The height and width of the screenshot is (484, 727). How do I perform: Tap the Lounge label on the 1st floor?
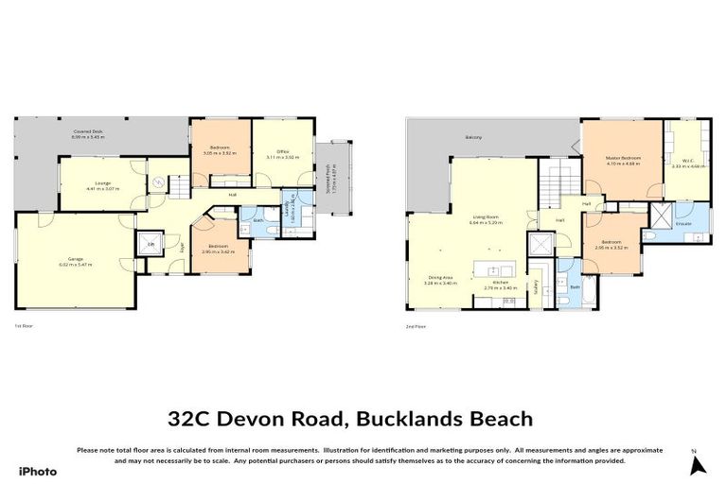(x=92, y=183)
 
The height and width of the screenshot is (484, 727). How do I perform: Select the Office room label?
(x=281, y=151)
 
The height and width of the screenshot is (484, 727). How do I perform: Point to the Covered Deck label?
(x=88, y=131)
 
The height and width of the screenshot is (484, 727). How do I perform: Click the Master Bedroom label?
(x=623, y=157)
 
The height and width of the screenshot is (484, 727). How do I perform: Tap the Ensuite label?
(x=683, y=224)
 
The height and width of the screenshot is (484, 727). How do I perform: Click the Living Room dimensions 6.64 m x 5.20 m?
(x=485, y=222)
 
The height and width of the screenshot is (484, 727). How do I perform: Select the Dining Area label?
(x=442, y=277)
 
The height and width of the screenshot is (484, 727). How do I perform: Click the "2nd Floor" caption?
(x=415, y=326)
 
